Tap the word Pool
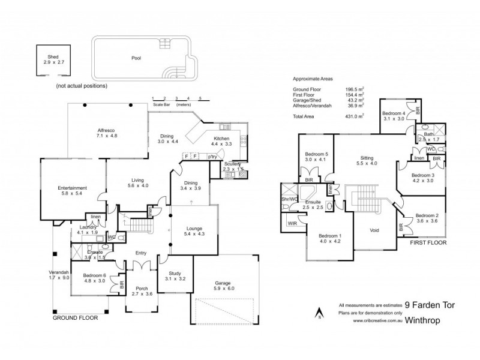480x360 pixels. tap(136, 59)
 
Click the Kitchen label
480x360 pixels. tap(222, 139)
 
